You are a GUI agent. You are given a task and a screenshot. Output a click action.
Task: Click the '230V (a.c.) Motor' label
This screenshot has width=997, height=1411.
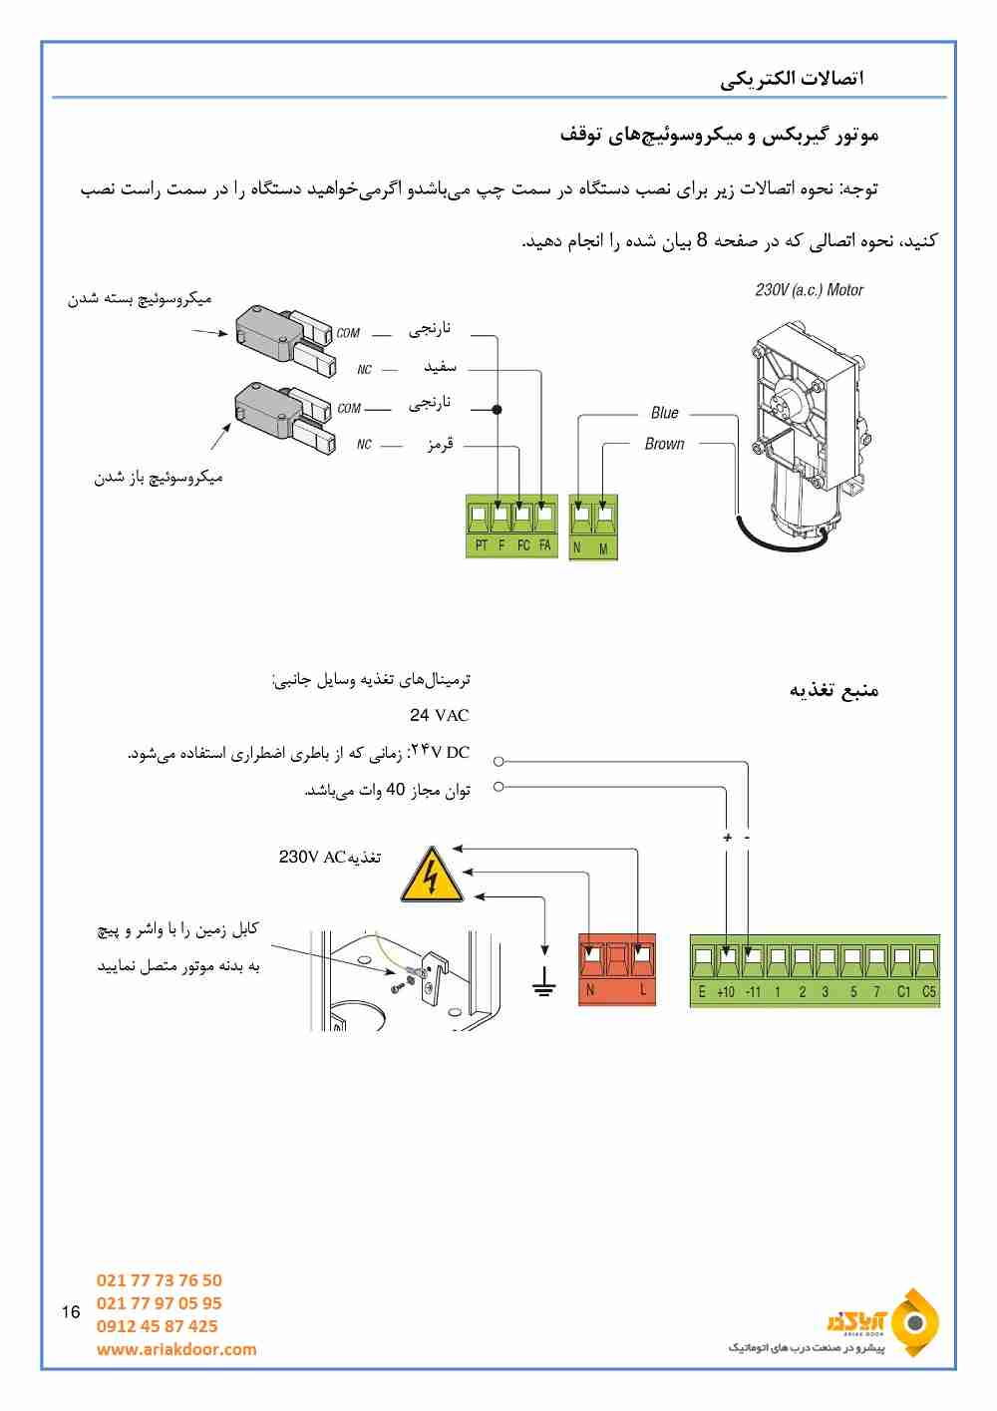tap(809, 290)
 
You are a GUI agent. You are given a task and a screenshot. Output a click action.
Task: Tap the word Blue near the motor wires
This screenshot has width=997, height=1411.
tap(664, 413)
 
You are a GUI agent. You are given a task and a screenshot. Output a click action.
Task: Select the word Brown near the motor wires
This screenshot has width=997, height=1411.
tap(664, 444)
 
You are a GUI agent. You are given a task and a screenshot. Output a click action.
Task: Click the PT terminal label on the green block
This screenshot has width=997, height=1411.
tap(482, 545)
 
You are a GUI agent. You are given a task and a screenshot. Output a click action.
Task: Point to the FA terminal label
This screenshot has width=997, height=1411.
tap(544, 545)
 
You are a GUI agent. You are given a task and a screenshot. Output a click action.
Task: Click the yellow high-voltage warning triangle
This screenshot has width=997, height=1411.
tap(432, 877)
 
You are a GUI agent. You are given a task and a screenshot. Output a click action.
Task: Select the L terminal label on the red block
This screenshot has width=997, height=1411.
tap(643, 990)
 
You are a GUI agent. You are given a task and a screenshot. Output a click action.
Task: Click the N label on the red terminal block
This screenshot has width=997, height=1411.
tap(590, 990)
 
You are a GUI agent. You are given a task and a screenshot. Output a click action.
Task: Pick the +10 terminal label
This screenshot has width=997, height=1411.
tap(726, 992)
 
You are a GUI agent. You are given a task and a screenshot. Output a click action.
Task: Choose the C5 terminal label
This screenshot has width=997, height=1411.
tap(928, 992)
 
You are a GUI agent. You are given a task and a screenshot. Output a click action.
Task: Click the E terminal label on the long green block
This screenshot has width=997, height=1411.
tap(702, 992)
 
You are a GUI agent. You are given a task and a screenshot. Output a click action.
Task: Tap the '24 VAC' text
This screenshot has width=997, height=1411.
tap(439, 715)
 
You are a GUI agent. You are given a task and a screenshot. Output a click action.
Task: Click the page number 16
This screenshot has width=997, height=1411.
tap(70, 1312)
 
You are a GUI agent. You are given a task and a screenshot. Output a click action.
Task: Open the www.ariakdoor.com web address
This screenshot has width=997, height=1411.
tap(176, 1349)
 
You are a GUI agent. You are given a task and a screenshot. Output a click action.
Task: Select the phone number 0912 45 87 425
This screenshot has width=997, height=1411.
tap(157, 1326)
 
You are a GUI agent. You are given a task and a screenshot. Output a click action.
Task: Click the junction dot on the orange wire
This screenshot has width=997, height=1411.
tap(498, 409)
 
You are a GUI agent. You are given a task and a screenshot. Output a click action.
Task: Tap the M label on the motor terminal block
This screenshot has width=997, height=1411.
tap(603, 548)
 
